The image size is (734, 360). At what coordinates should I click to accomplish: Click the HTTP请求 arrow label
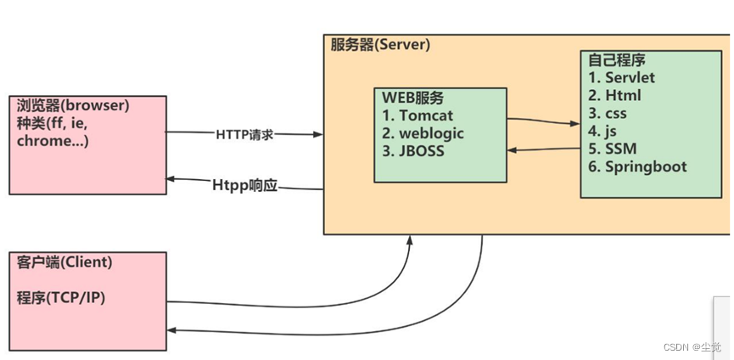click(244, 134)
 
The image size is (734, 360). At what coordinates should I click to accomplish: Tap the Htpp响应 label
click(244, 184)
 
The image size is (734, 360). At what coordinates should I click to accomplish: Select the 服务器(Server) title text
click(380, 44)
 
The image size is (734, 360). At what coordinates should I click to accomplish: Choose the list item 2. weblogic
click(423, 133)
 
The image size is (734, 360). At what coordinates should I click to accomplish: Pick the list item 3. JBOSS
click(415, 151)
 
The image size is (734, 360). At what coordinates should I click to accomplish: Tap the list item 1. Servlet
click(621, 77)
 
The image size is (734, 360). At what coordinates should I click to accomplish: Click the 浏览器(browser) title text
click(73, 106)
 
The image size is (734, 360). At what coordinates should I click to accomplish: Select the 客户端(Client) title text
click(64, 262)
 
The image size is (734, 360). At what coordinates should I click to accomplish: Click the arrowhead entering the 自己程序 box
click(575, 124)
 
